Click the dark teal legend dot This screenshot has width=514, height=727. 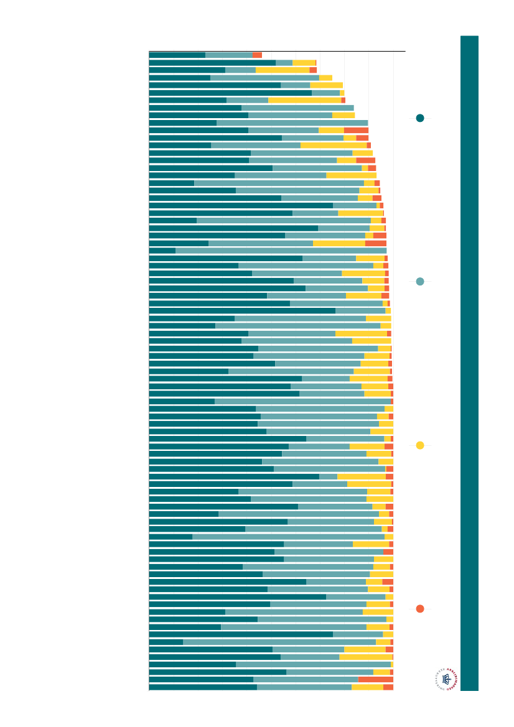(x=420, y=118)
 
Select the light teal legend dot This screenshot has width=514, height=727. (x=420, y=282)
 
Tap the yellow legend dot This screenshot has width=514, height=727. (x=420, y=445)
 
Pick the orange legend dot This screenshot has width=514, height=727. (x=420, y=609)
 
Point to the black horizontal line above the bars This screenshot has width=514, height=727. (x=277, y=51)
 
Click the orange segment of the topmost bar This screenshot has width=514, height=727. (x=257, y=55)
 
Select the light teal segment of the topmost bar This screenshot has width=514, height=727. (x=228, y=55)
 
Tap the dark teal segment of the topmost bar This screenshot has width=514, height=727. (x=177, y=55)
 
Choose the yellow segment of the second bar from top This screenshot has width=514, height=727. (x=304, y=63)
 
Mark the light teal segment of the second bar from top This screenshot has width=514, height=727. (x=284, y=63)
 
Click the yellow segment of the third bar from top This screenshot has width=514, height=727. (x=283, y=70)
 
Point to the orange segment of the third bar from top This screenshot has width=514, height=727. (x=313, y=70)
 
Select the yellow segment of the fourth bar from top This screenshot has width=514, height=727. (x=326, y=78)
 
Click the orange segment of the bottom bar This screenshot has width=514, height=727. (x=388, y=687)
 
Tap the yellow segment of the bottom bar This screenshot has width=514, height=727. (x=367, y=687)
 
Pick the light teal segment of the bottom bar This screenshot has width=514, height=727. (x=304, y=687)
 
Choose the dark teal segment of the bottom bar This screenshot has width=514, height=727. (x=203, y=687)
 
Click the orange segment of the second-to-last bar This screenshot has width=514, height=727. (x=375, y=680)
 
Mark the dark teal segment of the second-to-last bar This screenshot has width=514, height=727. (x=201, y=680)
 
